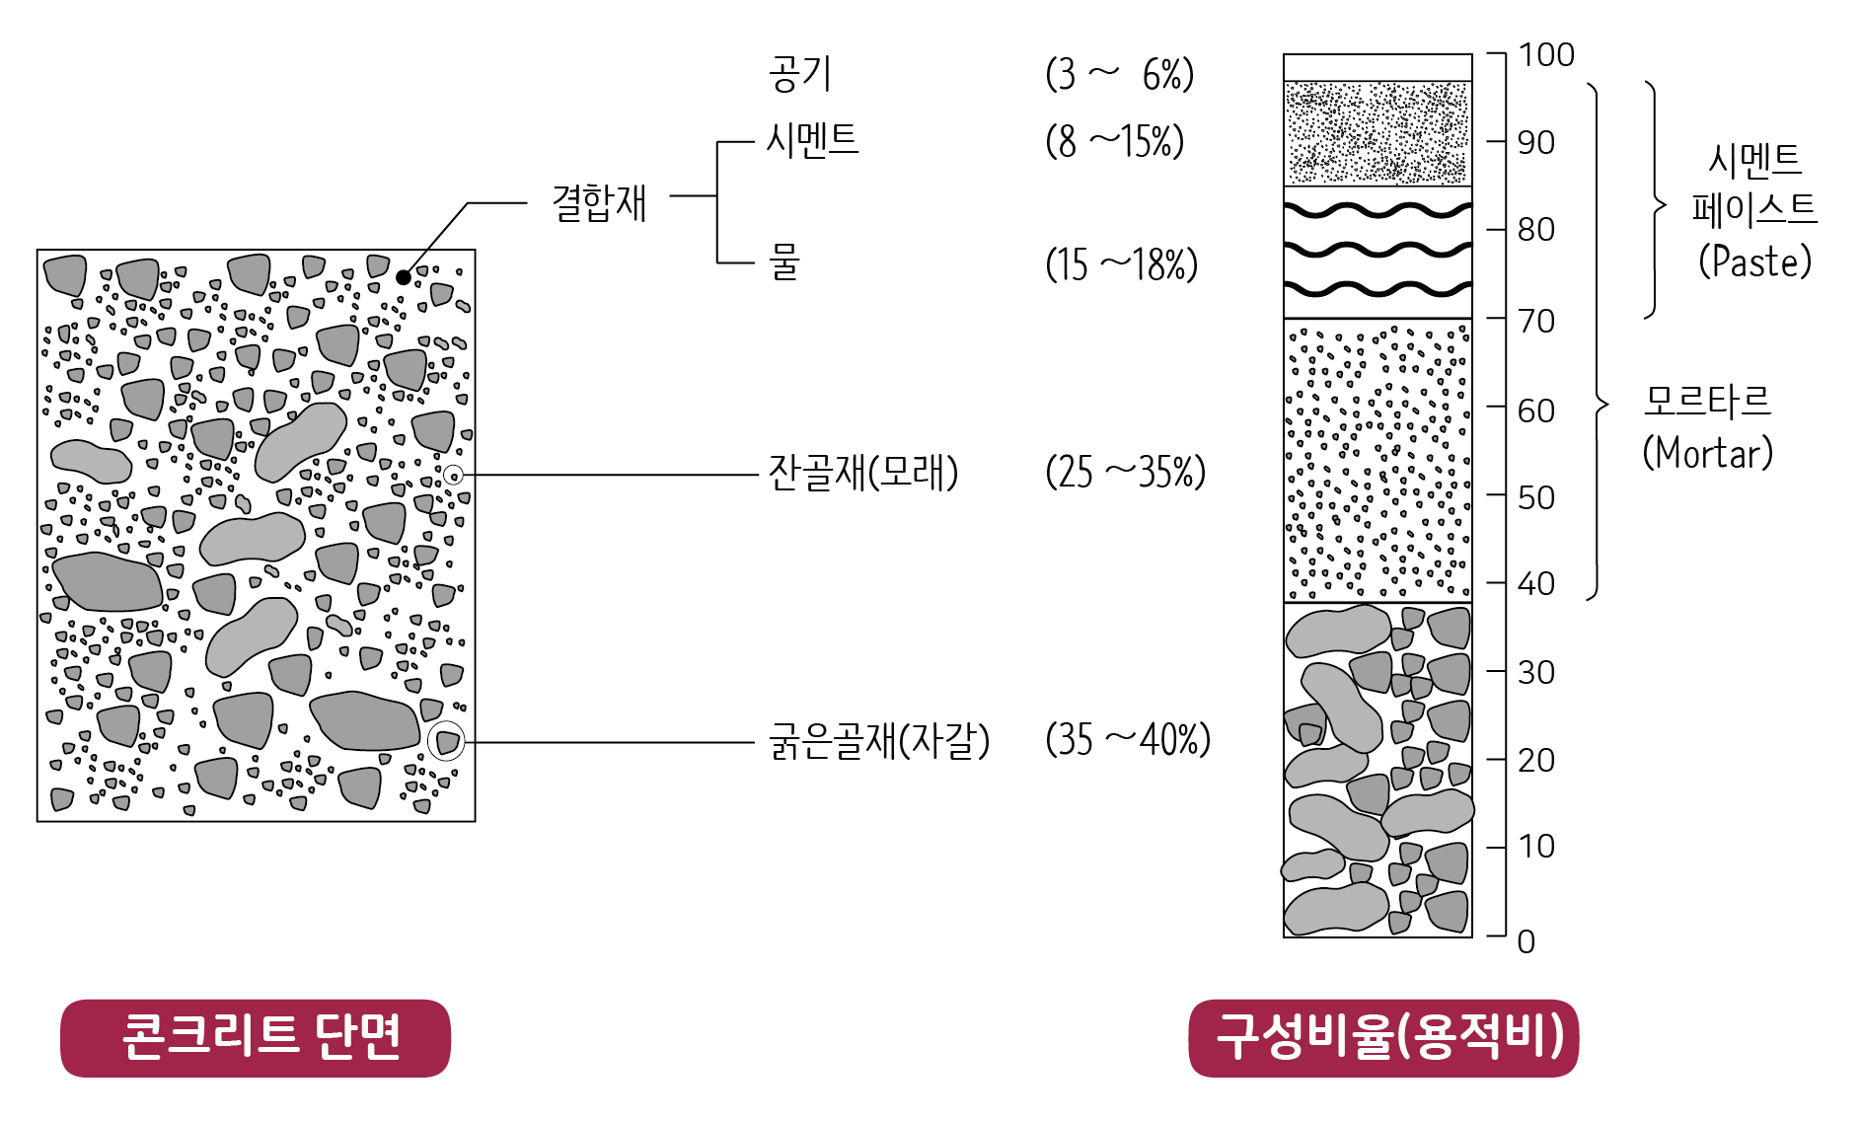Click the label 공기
pyautogui.click(x=799, y=74)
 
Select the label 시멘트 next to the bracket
pyautogui.click(x=813, y=140)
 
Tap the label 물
pyautogui.click(x=784, y=262)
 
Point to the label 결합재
pyautogui.click(x=599, y=203)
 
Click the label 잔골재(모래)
pyautogui.click(x=863, y=473)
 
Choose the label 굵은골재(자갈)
pyautogui.click(x=878, y=741)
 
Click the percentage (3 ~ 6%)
pyautogui.click(x=1119, y=75)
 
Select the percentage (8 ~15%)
pyautogui.click(x=1115, y=141)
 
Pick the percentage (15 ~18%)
pyautogui.click(x=1121, y=264)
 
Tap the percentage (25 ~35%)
pyautogui.click(x=1125, y=473)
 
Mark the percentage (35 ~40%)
pyautogui.click(x=1127, y=740)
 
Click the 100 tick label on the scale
pyautogui.click(x=1545, y=55)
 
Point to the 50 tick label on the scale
pyautogui.click(x=1536, y=497)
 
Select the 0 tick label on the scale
pyautogui.click(x=1526, y=941)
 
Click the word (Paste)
pyautogui.click(x=1755, y=262)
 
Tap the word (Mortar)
pyautogui.click(x=1707, y=453)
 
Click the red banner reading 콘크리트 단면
pyautogui.click(x=256, y=1038)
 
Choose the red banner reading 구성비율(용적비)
pyautogui.click(x=1383, y=1038)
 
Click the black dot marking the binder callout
pyautogui.click(x=404, y=277)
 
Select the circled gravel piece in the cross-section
pyautogui.click(x=447, y=741)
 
